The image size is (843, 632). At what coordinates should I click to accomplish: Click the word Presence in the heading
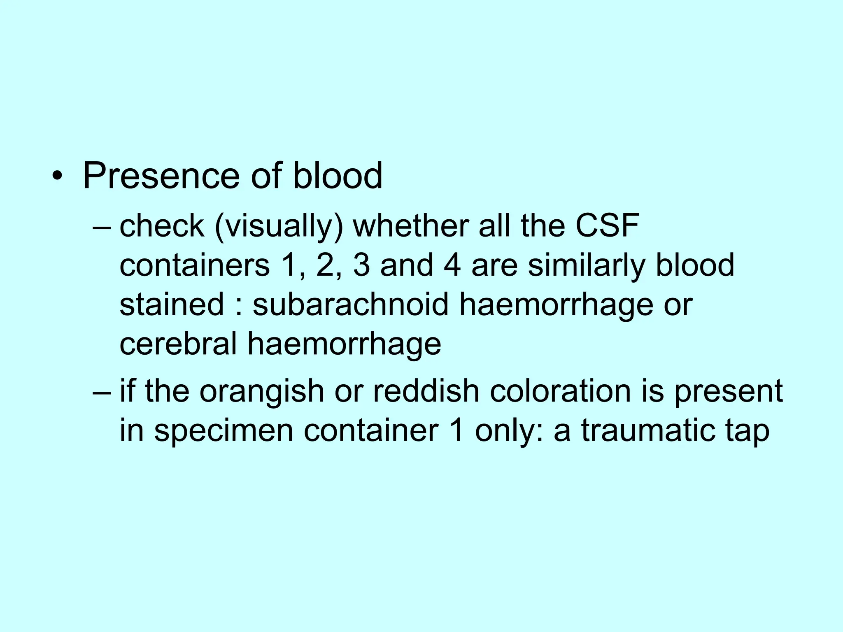[x=161, y=176]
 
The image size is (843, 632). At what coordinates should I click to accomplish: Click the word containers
[x=195, y=265]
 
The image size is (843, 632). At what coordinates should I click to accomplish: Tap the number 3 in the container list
[x=361, y=265]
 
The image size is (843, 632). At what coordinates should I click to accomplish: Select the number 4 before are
[x=452, y=265]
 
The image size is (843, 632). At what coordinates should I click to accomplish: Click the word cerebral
[x=178, y=343]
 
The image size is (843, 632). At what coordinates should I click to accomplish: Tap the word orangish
[x=262, y=391]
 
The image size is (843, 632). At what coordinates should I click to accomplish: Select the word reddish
[x=426, y=390]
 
